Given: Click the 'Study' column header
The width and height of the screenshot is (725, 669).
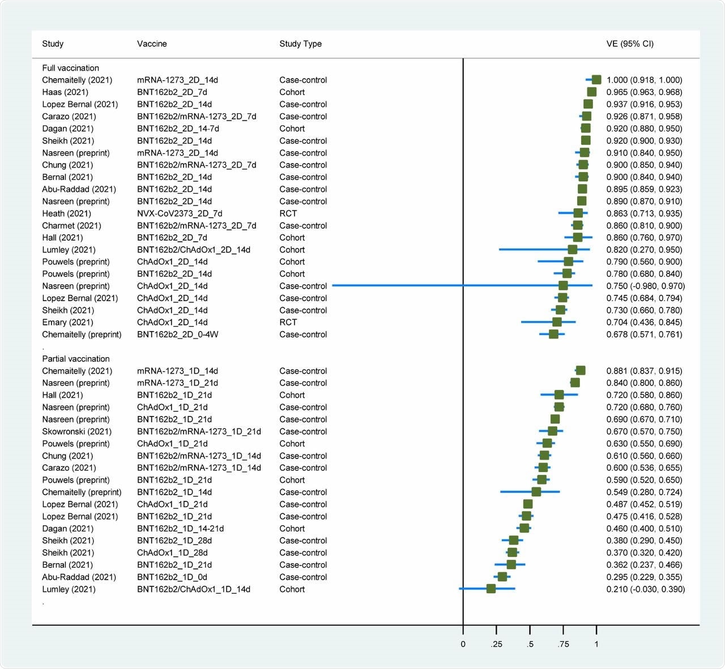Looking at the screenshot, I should (53, 44).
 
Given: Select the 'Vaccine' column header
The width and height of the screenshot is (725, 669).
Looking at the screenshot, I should (152, 44).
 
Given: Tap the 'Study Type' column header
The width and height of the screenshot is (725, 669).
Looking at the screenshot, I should (300, 44).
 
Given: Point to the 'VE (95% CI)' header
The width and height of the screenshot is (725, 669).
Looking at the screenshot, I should (630, 44).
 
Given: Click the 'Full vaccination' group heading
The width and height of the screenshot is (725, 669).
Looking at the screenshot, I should (70, 68).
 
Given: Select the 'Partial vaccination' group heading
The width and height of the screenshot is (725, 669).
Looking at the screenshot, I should (76, 359).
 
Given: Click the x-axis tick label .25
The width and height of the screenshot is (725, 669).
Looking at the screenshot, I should (496, 644).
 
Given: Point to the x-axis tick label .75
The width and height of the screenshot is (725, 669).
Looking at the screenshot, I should (563, 644).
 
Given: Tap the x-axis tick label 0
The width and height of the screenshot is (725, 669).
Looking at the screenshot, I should (463, 644).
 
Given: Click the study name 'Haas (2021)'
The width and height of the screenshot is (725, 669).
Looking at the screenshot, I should (65, 92).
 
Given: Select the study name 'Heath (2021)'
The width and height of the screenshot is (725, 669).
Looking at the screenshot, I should (66, 213).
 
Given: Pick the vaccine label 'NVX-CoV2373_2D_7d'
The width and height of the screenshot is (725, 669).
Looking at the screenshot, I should (180, 213).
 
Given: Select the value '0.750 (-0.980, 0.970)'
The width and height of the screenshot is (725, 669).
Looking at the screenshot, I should (646, 286).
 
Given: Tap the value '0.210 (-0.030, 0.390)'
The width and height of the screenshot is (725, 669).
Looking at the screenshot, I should (646, 589).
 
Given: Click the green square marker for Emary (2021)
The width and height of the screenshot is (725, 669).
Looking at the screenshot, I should (557, 322).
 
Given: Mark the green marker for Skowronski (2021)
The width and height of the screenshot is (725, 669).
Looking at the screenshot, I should (552, 431).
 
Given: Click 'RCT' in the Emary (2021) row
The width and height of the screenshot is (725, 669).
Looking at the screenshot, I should (288, 322).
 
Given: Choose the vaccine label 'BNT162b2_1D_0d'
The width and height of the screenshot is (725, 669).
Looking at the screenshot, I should (172, 577).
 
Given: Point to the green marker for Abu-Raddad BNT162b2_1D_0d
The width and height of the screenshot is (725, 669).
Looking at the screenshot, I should (502, 577).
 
